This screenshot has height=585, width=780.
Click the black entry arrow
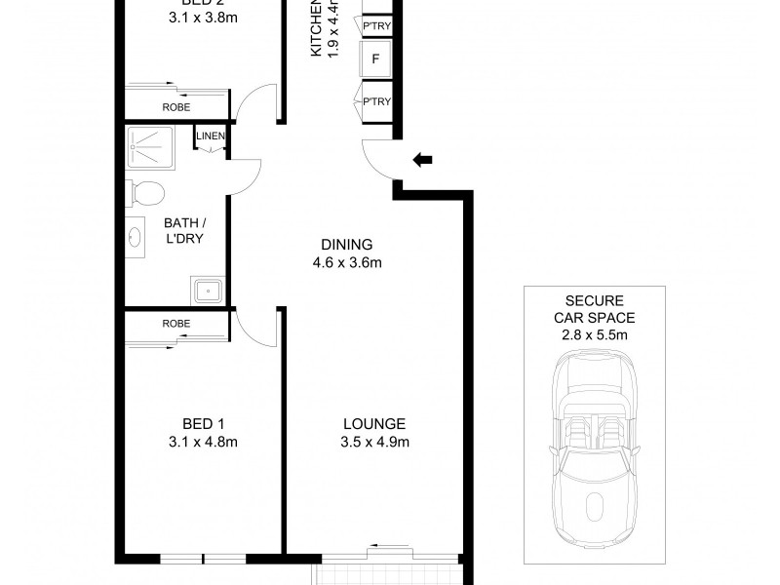coord(422,159)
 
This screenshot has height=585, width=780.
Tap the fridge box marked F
coord(375,60)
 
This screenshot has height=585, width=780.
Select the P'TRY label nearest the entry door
coord(375,102)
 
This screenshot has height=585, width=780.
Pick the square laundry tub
coord(207,290)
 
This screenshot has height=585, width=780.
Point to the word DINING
coord(346,245)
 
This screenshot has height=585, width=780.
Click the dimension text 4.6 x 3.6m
coord(346,262)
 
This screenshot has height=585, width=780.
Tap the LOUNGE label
coord(373,424)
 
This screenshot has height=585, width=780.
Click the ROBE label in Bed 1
coord(176,323)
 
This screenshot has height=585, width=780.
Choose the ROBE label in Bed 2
coord(176,107)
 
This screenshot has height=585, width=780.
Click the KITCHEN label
coord(317,29)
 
